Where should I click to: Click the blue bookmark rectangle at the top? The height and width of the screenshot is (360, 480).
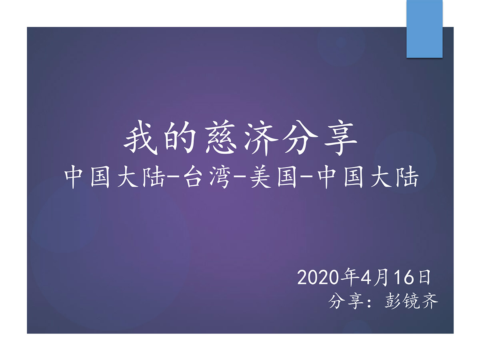tap(424, 29)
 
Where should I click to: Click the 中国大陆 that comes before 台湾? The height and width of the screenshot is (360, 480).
tap(114, 179)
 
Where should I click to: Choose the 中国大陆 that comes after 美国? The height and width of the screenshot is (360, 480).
tap(368, 179)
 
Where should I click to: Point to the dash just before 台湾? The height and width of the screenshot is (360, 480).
tap(174, 180)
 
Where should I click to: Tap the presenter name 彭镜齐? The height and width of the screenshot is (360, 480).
tap(411, 301)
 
